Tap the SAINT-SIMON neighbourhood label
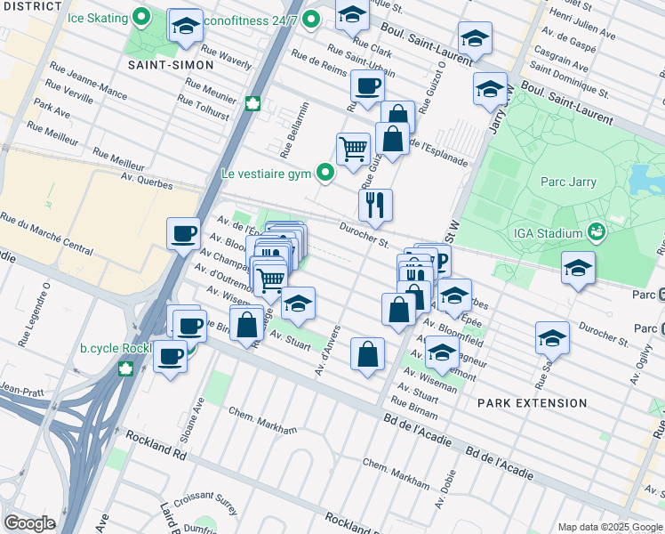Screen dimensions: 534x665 coord(171,65)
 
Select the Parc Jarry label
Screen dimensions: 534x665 coord(568,182)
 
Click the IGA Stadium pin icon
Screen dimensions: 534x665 coord(597,233)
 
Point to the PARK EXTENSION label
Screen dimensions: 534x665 coord(532,403)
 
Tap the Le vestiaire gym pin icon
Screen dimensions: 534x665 coord(326,174)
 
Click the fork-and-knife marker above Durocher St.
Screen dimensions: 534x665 coord(376,205)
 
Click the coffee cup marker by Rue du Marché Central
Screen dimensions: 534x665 coord(183,233)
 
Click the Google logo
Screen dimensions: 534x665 coord(30,522)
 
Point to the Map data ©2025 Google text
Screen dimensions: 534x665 coord(609,527)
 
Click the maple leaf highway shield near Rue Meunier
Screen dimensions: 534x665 coord(252,103)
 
